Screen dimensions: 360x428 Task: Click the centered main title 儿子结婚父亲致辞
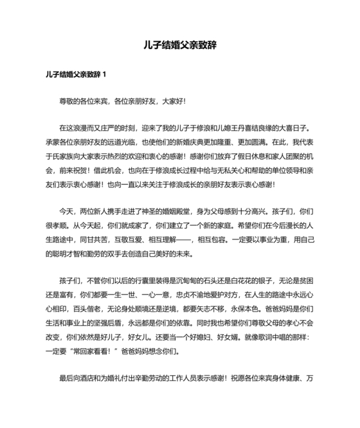[180, 46]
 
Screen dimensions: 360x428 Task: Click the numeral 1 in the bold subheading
[104, 74]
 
